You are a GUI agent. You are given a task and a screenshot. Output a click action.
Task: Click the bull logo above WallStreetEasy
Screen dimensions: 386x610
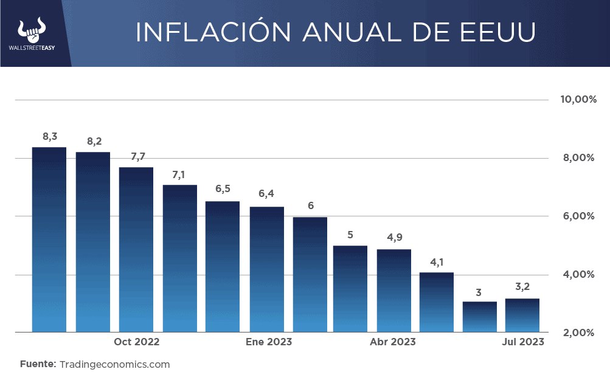[x=32, y=30]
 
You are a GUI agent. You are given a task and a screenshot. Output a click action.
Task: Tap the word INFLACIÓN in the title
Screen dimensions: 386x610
[x=201, y=33]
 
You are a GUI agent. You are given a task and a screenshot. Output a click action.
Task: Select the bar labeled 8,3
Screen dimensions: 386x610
[x=49, y=240]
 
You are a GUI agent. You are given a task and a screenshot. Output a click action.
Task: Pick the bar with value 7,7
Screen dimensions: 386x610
[x=136, y=249]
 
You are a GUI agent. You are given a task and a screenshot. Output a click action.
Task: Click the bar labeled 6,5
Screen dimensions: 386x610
[x=223, y=266]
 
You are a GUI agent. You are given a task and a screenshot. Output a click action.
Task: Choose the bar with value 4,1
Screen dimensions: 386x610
[x=437, y=302]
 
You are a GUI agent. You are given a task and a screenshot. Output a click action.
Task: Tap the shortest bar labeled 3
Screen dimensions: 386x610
[x=480, y=317]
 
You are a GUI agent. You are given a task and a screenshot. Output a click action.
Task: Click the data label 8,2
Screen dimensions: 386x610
[x=94, y=142]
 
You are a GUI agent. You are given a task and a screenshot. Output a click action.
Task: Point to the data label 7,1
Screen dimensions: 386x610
[x=179, y=174]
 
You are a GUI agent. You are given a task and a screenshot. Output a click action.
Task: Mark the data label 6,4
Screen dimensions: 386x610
[x=266, y=194]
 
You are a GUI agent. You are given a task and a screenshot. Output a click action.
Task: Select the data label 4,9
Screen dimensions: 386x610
[x=394, y=237]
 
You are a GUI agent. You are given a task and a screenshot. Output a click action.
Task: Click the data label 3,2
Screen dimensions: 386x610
[x=522, y=286]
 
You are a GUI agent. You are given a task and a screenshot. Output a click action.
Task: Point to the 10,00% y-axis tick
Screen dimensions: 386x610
[x=577, y=100]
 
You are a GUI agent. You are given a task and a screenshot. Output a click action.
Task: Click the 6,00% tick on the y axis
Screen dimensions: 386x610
[x=577, y=216]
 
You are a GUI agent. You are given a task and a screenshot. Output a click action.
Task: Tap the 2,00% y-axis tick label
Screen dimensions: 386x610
[x=577, y=333]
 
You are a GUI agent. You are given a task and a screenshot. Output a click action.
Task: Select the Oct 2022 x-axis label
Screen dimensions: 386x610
[x=137, y=342]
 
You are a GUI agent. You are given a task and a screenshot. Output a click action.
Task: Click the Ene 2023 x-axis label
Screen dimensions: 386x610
[x=269, y=342]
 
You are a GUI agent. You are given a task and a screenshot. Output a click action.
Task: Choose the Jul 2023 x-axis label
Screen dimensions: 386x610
[x=523, y=342]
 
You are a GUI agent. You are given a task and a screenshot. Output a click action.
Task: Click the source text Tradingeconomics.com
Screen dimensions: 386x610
[x=114, y=365]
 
